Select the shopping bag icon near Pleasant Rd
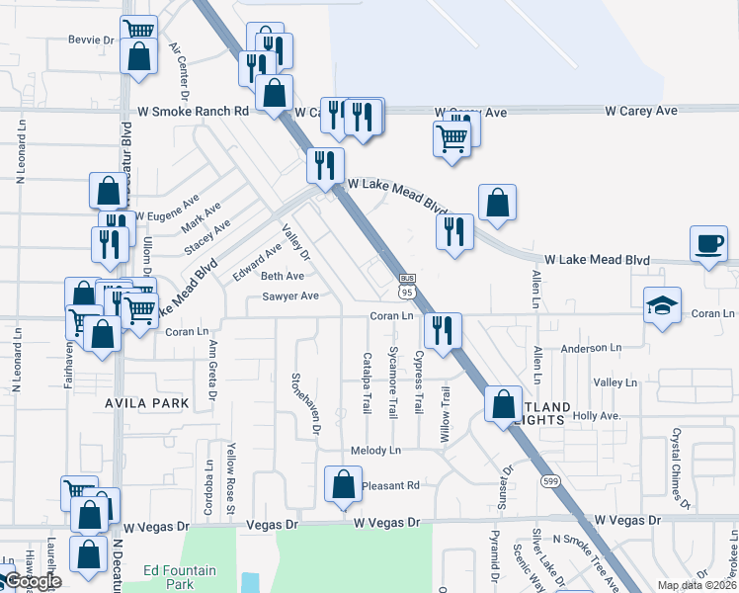point(343,484)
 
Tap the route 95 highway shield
point(407,288)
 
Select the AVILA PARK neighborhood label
point(147,404)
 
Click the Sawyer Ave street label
point(289,296)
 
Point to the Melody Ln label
point(376,451)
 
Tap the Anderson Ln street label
point(590,348)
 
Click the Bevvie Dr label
point(92,41)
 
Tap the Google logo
point(32,582)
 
